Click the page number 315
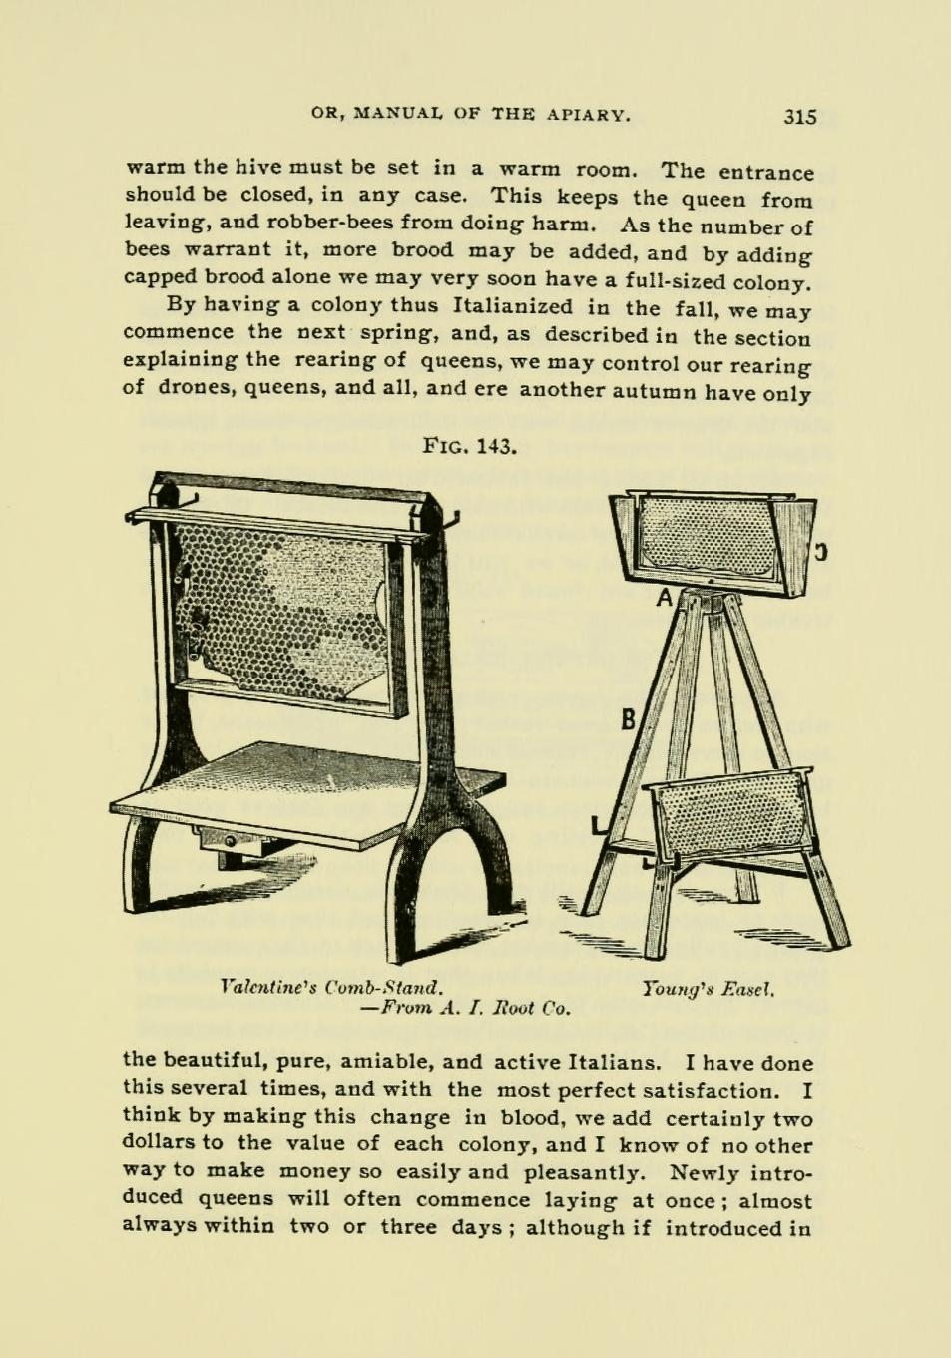tap(799, 116)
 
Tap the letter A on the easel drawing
tap(664, 599)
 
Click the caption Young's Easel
tap(710, 989)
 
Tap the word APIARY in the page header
tap(588, 114)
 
